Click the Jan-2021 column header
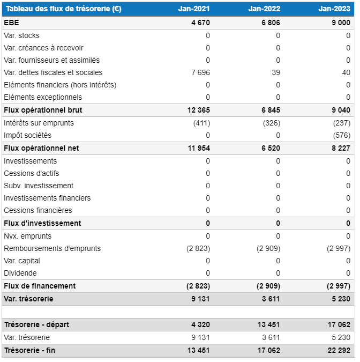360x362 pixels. point(193,9)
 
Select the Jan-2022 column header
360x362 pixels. point(264,9)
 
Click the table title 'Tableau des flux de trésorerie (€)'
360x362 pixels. point(63,9)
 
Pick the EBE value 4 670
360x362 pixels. point(200,23)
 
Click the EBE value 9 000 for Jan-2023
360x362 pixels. point(341,23)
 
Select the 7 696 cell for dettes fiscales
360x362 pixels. point(200,72)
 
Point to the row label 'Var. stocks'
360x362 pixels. point(21,35)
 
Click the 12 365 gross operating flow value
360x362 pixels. point(198,110)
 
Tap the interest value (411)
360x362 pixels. point(201,123)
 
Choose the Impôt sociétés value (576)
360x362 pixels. point(342,135)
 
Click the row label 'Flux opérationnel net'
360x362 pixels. point(41,148)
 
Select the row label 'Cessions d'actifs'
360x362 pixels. point(31,173)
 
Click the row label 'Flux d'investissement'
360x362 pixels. point(42,223)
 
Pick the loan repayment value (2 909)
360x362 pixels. point(268,248)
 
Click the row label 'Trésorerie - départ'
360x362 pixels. point(36,324)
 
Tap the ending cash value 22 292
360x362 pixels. point(339,350)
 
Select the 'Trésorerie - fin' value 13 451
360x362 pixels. point(198,350)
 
